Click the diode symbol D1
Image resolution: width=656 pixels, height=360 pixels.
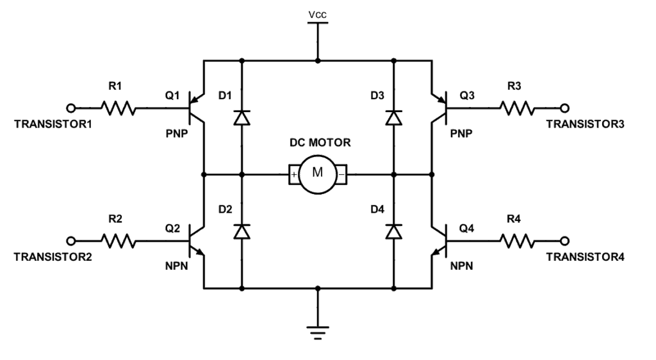[242, 118]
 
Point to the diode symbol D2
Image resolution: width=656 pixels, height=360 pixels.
[242, 232]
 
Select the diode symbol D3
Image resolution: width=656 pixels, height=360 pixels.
[393, 118]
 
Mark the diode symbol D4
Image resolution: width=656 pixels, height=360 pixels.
[393, 232]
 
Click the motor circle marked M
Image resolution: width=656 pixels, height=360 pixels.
[318, 173]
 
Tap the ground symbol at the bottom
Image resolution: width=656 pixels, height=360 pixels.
[318, 332]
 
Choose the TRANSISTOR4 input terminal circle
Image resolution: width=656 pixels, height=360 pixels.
[564, 241]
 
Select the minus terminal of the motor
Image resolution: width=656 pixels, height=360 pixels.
[342, 174]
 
